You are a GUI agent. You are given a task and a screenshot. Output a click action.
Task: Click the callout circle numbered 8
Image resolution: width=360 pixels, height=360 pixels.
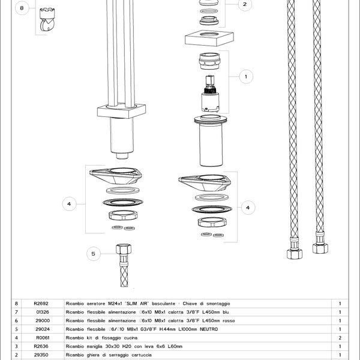pos(22,8)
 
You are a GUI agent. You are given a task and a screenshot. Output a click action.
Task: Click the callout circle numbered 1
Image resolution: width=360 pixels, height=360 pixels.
pos(247,77)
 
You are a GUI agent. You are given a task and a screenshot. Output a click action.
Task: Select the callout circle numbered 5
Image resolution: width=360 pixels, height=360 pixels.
pos(94,254)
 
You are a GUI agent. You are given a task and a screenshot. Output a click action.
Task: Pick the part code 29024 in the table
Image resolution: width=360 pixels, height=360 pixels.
pos(42,329)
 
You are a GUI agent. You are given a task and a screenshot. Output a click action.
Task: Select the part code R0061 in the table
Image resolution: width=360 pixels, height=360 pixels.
pos(41,338)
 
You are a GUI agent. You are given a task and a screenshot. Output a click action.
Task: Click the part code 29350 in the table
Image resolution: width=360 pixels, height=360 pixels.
pos(41,355)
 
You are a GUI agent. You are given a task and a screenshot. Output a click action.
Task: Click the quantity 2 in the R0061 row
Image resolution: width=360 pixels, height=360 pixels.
pos(340,338)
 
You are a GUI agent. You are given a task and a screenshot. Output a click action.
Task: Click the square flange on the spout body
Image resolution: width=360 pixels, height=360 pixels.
pos(121,111)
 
